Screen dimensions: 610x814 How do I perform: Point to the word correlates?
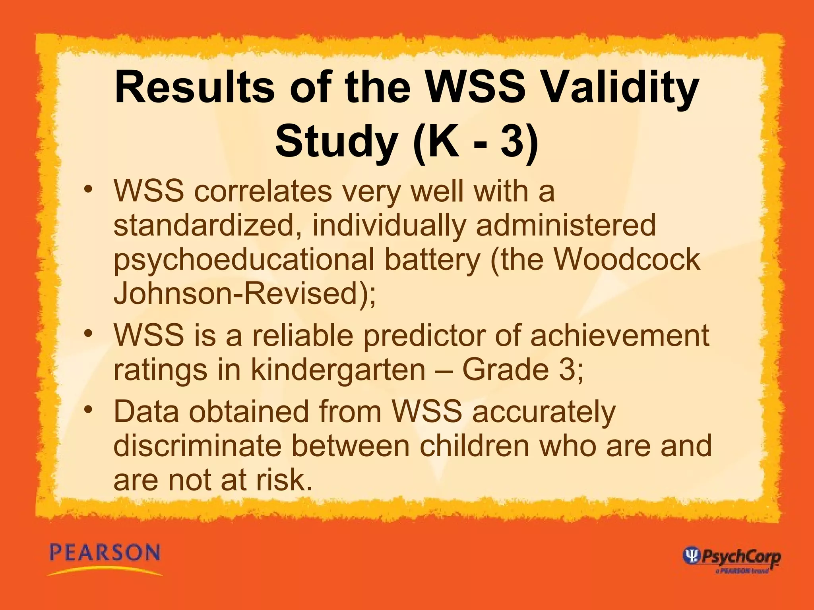click(x=263, y=191)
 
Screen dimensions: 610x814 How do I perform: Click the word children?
click(x=475, y=446)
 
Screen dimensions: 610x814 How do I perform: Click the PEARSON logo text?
click(x=105, y=553)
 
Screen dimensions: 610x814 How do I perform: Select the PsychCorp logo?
click(x=731, y=557)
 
